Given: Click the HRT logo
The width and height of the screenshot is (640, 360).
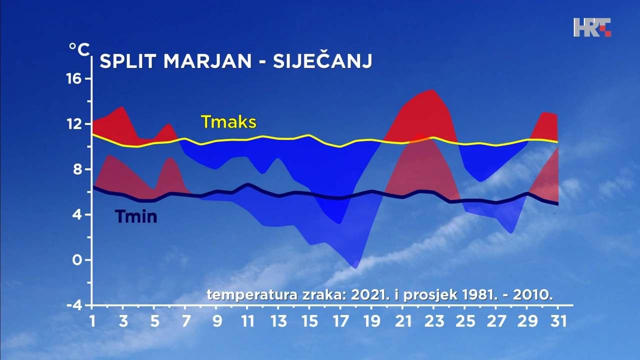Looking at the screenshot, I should (592, 27).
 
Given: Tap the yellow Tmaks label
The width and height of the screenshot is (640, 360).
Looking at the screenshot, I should (228, 121).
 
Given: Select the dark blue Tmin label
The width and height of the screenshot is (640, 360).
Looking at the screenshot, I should (136, 216).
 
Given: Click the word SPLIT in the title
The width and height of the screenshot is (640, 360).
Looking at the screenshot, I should (128, 61).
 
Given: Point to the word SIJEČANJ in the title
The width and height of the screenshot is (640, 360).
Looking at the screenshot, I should (322, 61).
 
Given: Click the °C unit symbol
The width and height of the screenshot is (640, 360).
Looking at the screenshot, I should (79, 49).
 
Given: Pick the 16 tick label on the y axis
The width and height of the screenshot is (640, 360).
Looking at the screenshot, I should (77, 78).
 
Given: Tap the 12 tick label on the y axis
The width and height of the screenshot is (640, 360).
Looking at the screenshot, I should (77, 123).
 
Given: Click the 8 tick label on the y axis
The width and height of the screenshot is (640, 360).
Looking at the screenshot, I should (81, 169).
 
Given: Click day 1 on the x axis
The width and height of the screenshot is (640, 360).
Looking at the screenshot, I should (92, 320).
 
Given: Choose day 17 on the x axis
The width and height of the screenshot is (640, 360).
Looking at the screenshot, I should (340, 320).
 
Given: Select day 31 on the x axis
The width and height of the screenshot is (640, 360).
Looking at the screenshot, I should (557, 320).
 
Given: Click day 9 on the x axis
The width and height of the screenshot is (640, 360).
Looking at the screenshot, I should (216, 320).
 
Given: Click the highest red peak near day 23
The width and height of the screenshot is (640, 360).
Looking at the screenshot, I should (431, 90).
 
